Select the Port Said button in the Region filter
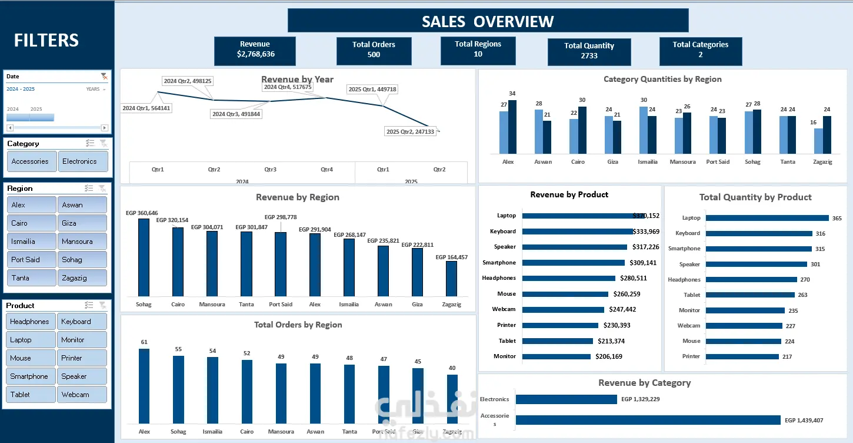32,260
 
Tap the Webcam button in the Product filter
82,395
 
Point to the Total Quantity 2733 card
589,51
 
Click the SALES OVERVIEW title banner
488,21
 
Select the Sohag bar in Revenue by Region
144,257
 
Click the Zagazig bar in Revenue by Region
451,278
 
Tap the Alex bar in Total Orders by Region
144,386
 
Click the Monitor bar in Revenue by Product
556,356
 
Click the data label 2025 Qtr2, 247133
410,131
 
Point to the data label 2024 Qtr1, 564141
146,108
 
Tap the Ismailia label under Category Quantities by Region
647,162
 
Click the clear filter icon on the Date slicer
104,76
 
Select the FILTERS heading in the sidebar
46,40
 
